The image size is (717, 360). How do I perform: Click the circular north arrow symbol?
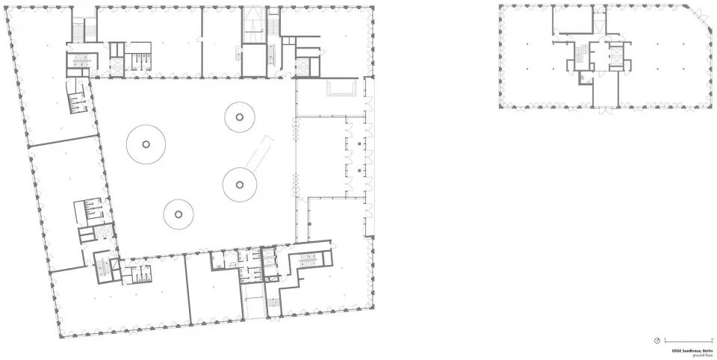[656, 342]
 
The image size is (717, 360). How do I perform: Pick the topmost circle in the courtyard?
[239, 116]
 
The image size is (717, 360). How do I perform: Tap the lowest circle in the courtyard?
[179, 215]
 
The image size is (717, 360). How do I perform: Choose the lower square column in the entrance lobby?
[359, 173]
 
